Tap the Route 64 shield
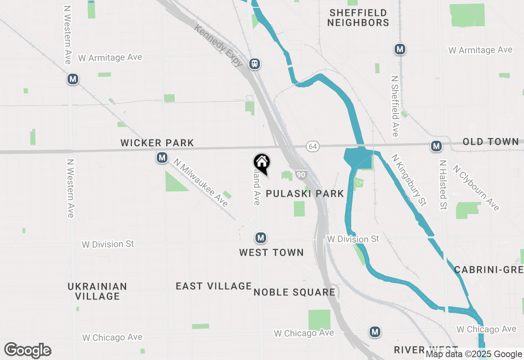313,146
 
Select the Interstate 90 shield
301,175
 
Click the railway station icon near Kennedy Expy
255,63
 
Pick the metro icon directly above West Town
260,238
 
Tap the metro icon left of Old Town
436,146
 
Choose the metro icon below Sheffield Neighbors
400,49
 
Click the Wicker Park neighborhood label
157,143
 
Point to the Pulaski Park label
305,193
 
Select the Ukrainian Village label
97,291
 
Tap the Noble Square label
294,292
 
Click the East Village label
214,286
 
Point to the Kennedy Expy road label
219,45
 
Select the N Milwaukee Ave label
200,182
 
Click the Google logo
28,351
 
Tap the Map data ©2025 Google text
474,354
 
